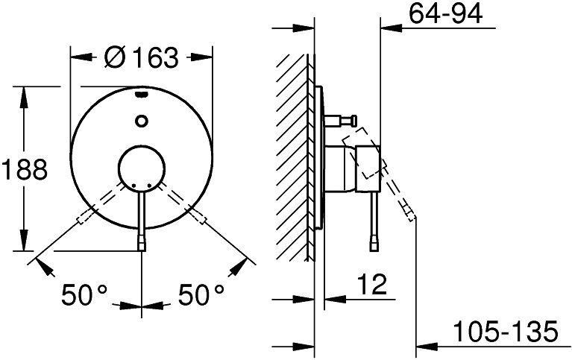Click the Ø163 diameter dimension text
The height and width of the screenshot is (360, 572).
(x=142, y=57)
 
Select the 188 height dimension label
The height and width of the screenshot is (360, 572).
(x=25, y=170)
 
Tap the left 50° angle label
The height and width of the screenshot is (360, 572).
(x=84, y=294)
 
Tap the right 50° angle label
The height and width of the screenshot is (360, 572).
(x=201, y=294)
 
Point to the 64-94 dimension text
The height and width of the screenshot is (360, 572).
(x=445, y=13)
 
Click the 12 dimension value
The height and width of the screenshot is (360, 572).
(x=371, y=285)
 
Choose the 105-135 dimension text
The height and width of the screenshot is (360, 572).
(x=506, y=332)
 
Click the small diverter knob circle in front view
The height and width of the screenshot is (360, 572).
(x=141, y=121)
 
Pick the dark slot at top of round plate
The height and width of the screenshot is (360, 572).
(x=142, y=95)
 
